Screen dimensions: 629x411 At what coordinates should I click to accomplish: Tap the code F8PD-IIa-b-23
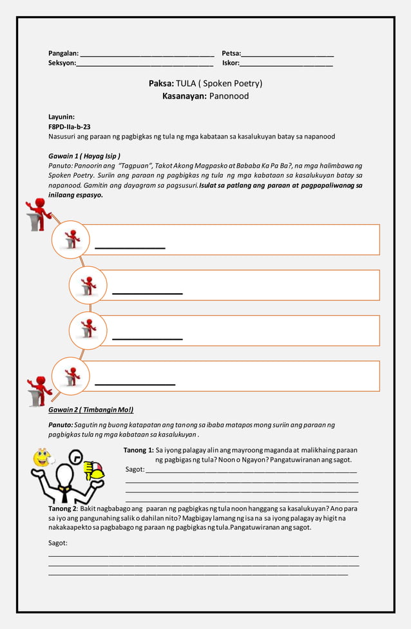(69, 127)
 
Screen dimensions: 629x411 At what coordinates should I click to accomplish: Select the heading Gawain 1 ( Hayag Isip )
(84, 156)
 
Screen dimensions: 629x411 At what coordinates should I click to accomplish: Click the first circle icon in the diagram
(71, 239)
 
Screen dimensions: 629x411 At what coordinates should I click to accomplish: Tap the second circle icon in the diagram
(88, 285)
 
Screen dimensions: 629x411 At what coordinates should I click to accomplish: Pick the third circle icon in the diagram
(88, 330)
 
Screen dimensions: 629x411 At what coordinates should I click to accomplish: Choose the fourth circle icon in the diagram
(71, 376)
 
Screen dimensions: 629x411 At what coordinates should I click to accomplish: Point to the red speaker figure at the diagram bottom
(40, 391)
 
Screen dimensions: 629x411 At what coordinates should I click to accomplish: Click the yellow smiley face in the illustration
(42, 458)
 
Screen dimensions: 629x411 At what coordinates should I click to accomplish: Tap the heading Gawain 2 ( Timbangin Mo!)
(91, 410)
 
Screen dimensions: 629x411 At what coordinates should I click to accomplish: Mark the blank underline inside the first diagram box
(130, 247)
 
